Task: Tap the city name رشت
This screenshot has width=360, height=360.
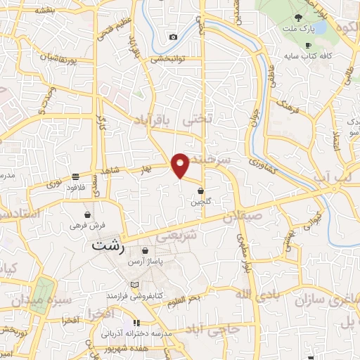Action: [x=108, y=247]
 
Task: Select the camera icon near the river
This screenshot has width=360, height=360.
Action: [x=173, y=37]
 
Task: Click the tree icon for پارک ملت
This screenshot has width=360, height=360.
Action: [x=300, y=18]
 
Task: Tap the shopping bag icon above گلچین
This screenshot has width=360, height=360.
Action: [x=201, y=191]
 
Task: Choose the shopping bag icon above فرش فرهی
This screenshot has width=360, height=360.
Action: [x=87, y=214]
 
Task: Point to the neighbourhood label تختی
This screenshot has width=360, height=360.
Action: [x=197, y=120]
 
